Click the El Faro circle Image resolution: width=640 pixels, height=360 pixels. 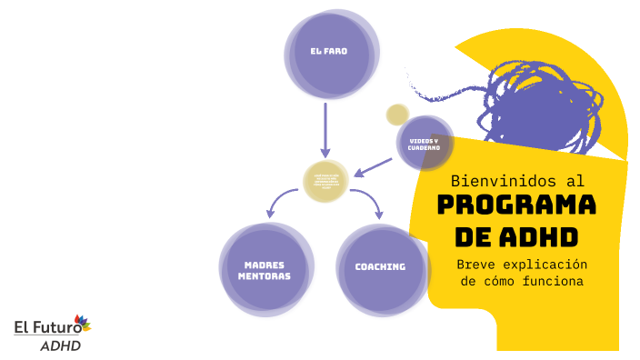[328, 54]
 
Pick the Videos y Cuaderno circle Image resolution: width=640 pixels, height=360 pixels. [424, 145]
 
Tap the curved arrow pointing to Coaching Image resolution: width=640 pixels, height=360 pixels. [368, 202]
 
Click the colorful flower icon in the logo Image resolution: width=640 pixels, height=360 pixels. [83, 323]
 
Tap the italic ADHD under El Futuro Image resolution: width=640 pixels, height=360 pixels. [61, 345]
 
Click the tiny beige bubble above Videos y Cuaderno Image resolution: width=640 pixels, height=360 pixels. [397, 115]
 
